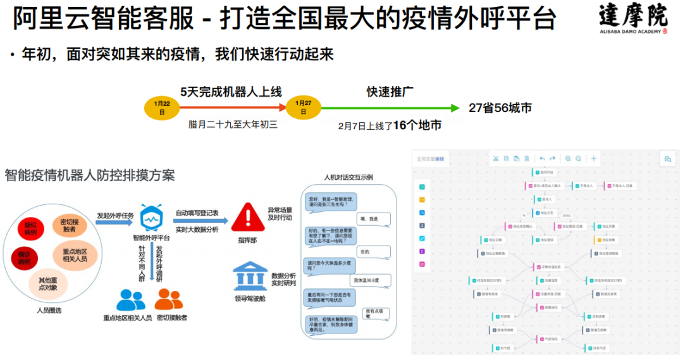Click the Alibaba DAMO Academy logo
point(633,21)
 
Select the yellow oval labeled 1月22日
point(162,108)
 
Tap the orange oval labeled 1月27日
point(304,108)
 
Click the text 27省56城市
point(500,108)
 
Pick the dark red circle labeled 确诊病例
point(24,258)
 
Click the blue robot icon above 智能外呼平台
point(152,218)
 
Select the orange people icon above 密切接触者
point(169,299)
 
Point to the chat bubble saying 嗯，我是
point(369,219)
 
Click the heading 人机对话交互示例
point(348,177)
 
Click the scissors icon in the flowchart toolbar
point(496,159)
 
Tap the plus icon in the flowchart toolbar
point(593,159)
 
